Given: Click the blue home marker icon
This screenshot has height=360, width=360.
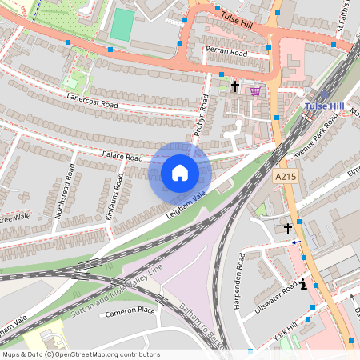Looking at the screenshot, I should (180, 173).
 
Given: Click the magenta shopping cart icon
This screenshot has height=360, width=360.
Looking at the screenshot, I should (255, 90).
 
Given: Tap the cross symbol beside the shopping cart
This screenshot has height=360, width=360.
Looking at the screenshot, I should (235, 86).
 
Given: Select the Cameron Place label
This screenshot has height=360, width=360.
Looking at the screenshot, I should (130, 311).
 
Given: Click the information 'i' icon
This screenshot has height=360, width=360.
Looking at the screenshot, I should (303, 283).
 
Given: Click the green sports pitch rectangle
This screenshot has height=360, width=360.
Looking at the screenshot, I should (121, 24).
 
